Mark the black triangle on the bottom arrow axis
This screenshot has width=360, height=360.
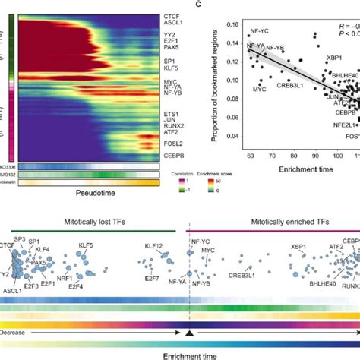[x=188, y=333]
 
